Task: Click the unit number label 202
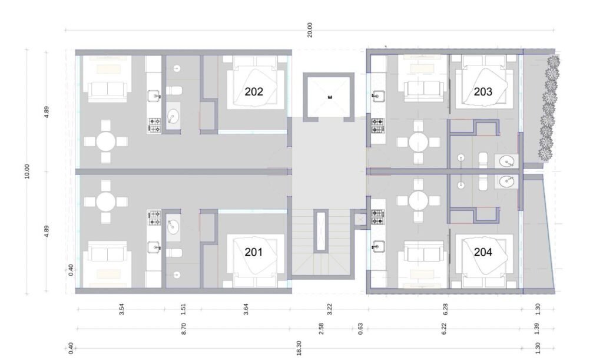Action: click(254, 91)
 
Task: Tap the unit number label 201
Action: click(254, 252)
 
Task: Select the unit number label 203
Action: click(483, 91)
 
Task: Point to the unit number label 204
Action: click(483, 252)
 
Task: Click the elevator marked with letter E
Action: click(329, 97)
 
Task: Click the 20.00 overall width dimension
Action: click(310, 30)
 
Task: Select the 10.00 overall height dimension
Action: click(26, 171)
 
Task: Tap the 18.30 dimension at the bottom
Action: click(299, 348)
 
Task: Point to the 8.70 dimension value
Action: click(184, 328)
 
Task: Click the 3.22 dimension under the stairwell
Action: click(329, 309)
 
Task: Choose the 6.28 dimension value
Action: click(445, 309)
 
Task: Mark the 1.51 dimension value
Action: click(183, 309)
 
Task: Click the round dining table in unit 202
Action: click(106, 141)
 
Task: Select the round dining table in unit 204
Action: click(419, 200)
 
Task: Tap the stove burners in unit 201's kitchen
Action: click(154, 217)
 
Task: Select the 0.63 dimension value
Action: click(360, 328)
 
